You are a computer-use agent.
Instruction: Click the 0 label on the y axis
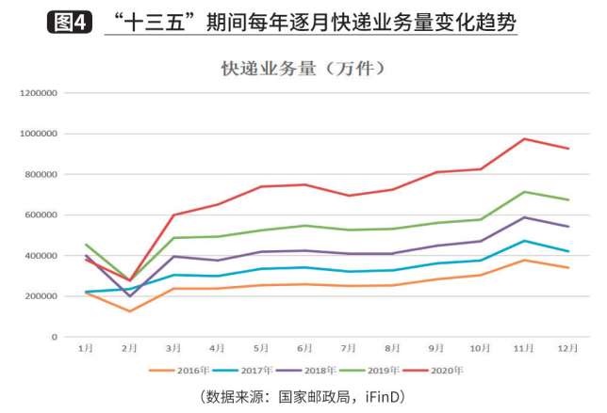(54, 337)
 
